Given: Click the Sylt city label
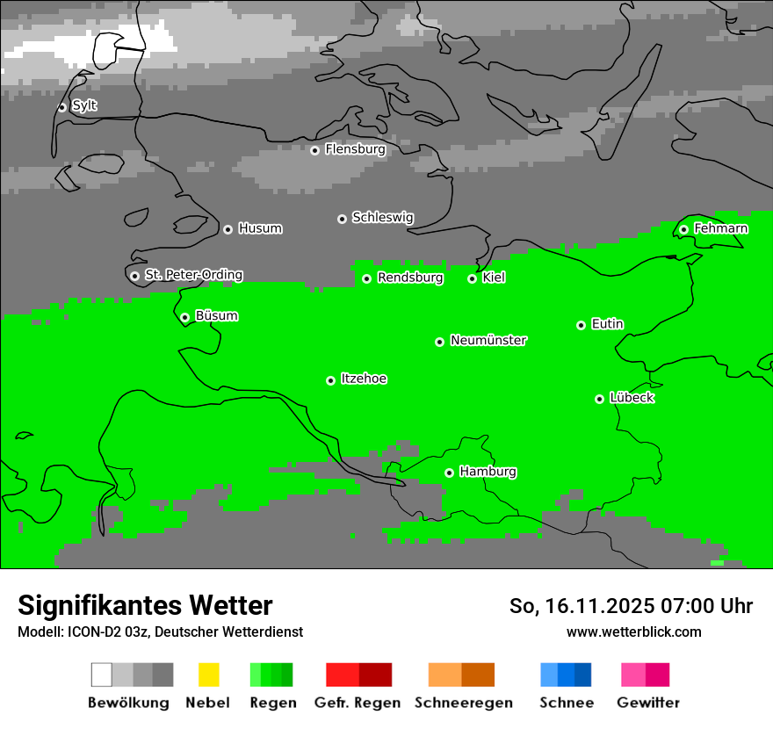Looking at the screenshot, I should (x=84, y=105).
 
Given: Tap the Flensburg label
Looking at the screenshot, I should (x=355, y=149).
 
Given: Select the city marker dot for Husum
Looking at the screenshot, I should (x=228, y=229).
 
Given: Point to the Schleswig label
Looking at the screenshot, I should (x=382, y=217).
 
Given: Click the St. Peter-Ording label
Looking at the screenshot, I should (x=193, y=275).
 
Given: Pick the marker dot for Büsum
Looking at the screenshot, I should (x=184, y=317).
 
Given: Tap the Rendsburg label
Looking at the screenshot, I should (x=410, y=278).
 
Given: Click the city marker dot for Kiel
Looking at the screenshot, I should (x=472, y=278).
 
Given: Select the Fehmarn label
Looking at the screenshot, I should (x=720, y=228).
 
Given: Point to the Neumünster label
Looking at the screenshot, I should (x=488, y=340).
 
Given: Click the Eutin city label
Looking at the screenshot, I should (x=607, y=324).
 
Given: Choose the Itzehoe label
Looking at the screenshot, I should (x=364, y=379).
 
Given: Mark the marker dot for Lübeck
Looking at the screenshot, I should (x=599, y=399).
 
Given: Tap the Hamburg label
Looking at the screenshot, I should (x=488, y=472).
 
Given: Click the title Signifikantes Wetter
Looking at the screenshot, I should (x=145, y=605).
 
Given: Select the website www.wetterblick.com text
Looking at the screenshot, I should (x=633, y=632).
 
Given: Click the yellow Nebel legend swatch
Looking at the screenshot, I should (x=208, y=675).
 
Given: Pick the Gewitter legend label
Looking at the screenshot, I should (x=647, y=703).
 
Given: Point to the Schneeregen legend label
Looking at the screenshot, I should (x=463, y=703).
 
